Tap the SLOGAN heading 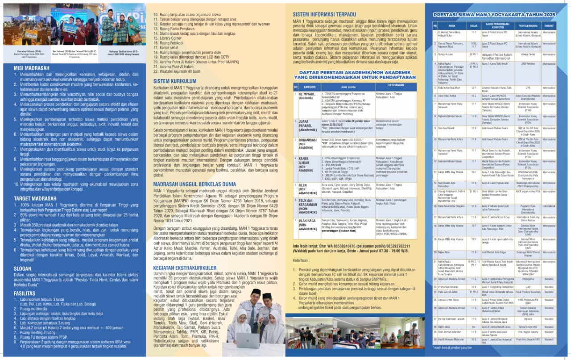(22, 269)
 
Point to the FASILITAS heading (25, 294)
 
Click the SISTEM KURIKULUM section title (175, 82)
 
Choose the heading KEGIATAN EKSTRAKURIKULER (185, 268)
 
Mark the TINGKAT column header (549, 26)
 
